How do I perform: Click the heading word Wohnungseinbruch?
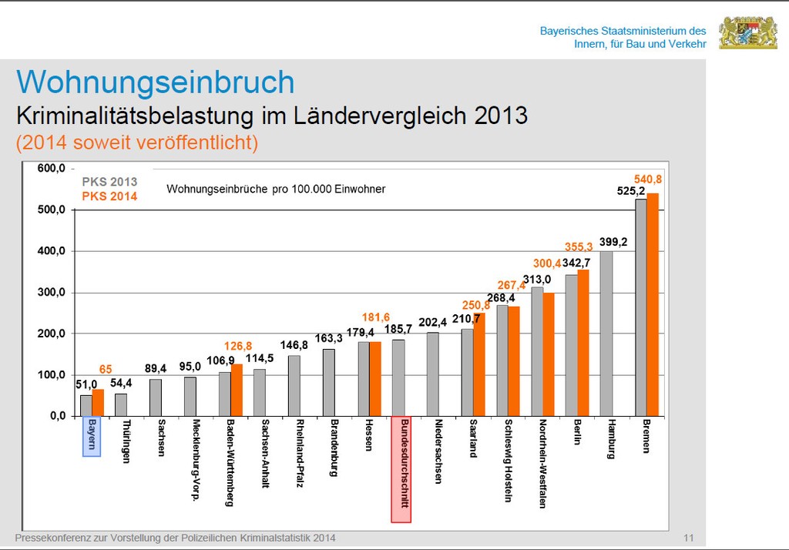click(156, 82)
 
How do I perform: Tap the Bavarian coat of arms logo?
click(747, 33)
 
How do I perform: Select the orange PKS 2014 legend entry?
click(109, 196)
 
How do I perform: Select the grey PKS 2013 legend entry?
click(109, 183)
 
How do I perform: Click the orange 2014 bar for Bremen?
click(653, 304)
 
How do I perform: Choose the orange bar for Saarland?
click(479, 364)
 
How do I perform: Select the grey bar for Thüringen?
click(121, 404)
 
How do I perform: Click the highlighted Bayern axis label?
click(92, 436)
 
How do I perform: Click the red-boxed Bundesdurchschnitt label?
click(401, 469)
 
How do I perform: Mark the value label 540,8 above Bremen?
click(648, 179)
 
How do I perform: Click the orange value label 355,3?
click(579, 246)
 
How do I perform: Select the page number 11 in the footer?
click(689, 538)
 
